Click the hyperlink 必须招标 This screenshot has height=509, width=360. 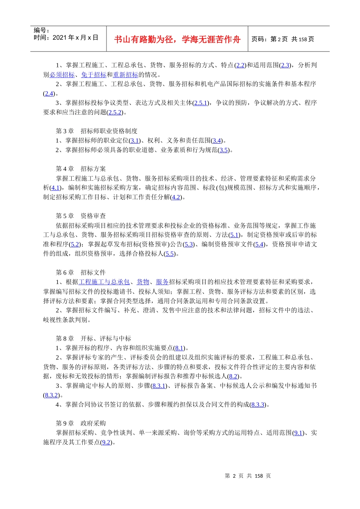(62, 75)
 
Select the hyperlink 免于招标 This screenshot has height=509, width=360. (94, 75)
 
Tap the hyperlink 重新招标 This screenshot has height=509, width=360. (125, 75)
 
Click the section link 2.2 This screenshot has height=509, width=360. (240, 65)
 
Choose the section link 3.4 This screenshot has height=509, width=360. (217, 141)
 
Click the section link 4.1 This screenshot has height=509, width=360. (56, 187)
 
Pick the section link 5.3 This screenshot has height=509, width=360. (189, 244)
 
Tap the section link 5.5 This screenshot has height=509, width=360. (170, 254)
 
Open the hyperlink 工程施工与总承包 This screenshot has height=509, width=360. (104, 282)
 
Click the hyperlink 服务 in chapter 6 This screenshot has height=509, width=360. (162, 282)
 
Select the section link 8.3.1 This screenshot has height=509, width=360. (159, 386)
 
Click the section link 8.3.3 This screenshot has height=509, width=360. (258, 404)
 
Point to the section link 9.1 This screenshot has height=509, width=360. (298, 432)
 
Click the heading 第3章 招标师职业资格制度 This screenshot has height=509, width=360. (97, 131)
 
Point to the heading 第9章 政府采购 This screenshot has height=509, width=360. (81, 423)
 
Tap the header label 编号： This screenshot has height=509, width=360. (41, 30)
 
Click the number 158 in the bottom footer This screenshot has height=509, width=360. (259, 476)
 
